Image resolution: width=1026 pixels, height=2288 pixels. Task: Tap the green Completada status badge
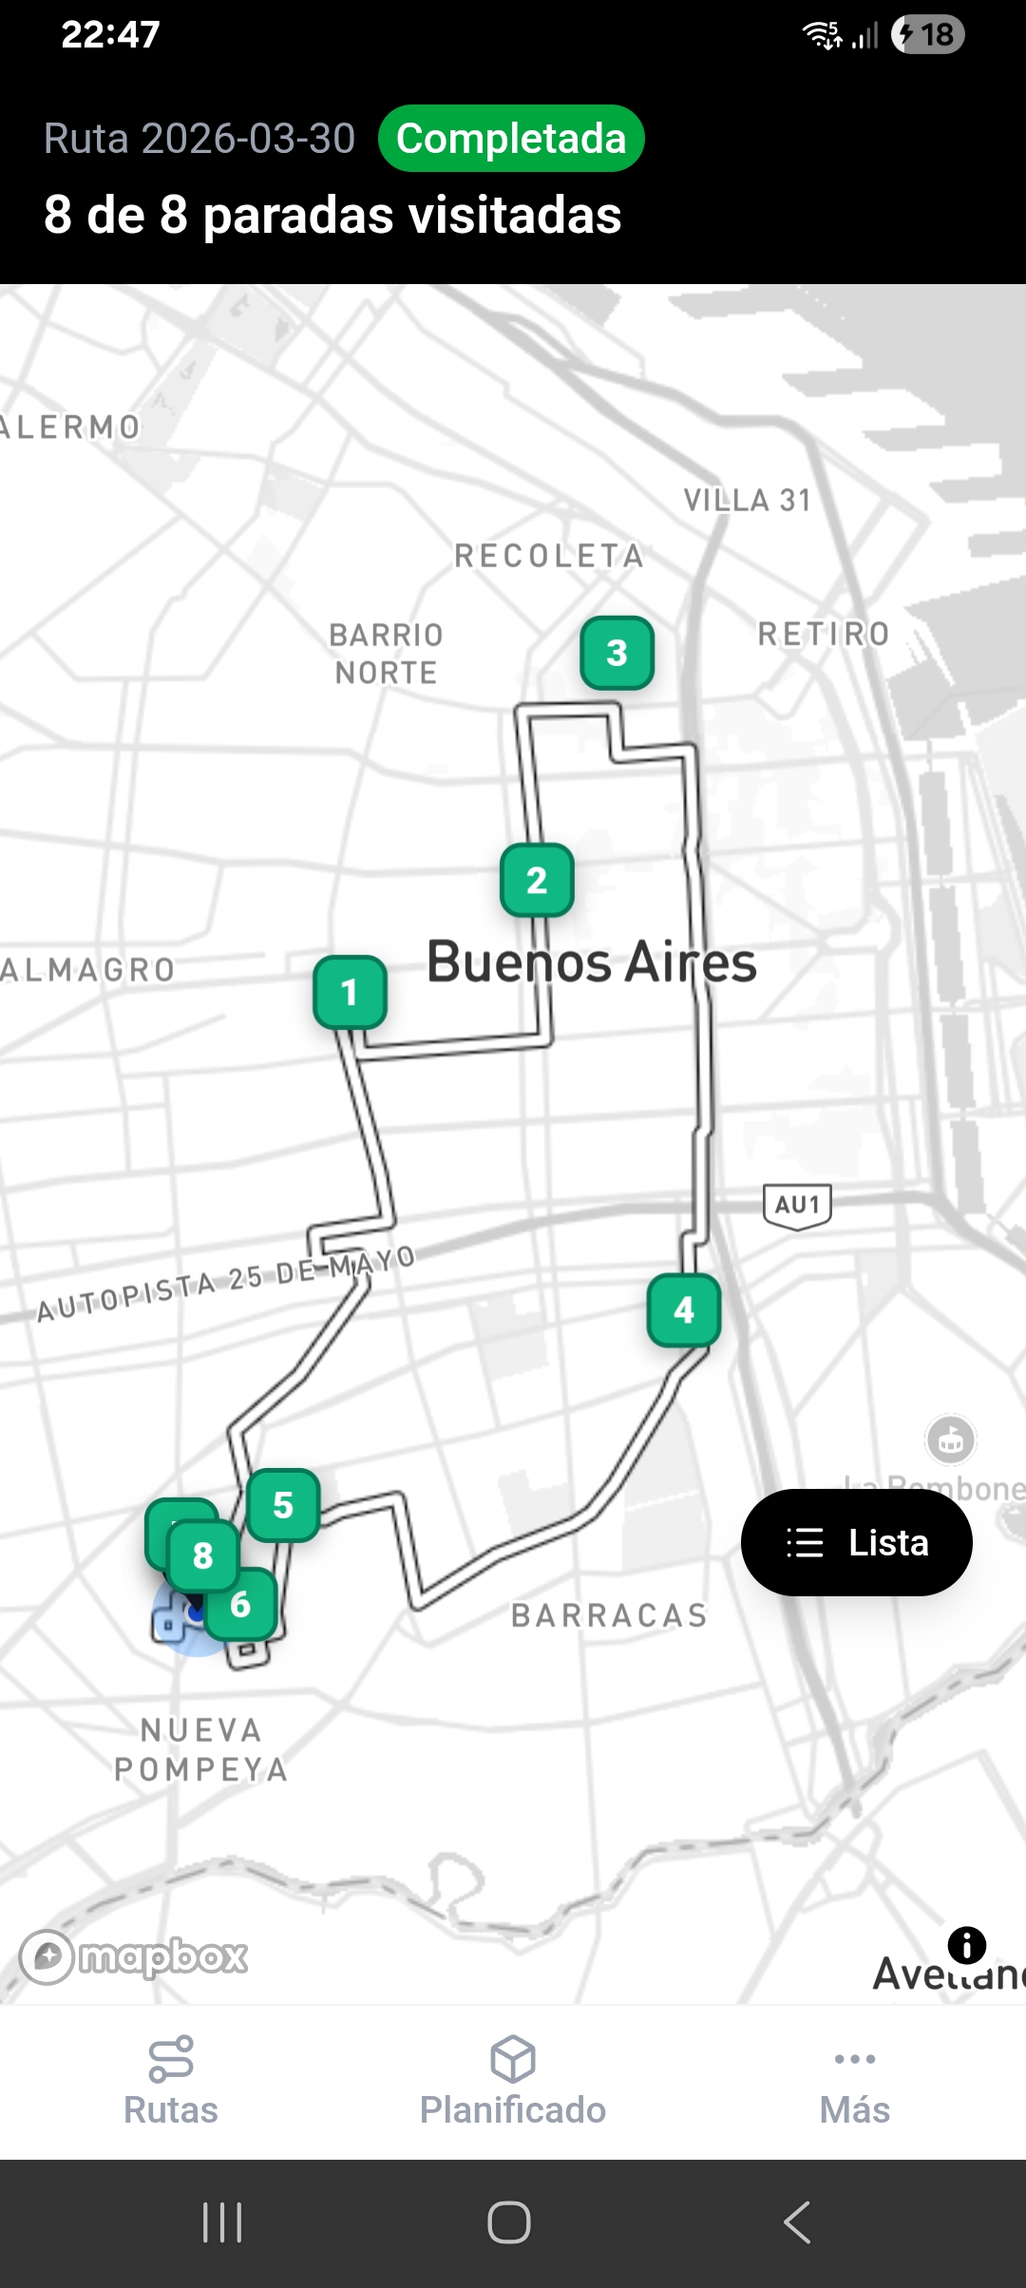[511, 139]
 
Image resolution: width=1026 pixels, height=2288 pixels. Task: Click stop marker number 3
[617, 653]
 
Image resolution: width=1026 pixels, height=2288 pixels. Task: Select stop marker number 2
[537, 880]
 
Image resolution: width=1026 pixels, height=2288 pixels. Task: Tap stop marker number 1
[350, 992]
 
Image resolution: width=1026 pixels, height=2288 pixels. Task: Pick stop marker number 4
[684, 1310]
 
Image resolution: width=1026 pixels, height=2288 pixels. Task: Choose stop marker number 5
[283, 1505]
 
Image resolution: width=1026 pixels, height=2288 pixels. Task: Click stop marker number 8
[202, 1555]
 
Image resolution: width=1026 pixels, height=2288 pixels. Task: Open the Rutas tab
[171, 2081]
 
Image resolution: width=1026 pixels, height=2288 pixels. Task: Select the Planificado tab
[513, 2081]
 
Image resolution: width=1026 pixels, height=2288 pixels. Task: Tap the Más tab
[855, 2081]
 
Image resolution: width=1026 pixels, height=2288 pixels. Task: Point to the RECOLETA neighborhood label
[549, 556]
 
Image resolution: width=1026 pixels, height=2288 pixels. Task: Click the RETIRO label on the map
[824, 634]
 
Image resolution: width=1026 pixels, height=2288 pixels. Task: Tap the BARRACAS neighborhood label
[610, 1615]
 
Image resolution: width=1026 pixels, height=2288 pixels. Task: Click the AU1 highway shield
[798, 1206]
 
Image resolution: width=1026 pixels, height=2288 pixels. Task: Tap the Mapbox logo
[135, 1957]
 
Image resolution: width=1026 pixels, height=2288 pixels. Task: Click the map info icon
[967, 1945]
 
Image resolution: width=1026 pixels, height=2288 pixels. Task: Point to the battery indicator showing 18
[928, 35]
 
